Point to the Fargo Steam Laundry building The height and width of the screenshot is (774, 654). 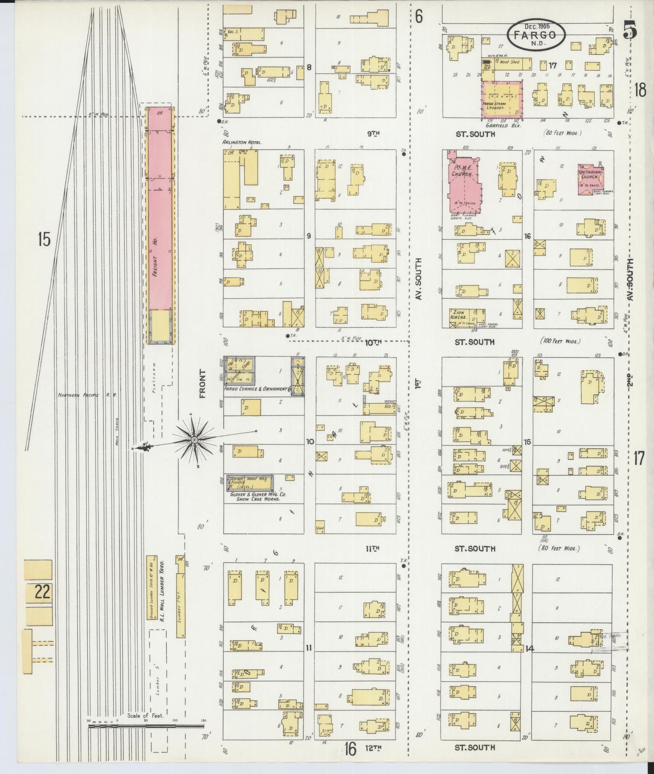(501, 98)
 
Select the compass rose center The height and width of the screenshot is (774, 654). (194, 440)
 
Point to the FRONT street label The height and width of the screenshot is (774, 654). (202, 384)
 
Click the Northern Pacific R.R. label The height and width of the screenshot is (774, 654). (87, 395)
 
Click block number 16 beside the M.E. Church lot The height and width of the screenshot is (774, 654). (527, 236)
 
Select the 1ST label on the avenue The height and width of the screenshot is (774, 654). (417, 384)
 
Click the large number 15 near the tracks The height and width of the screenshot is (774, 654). (44, 239)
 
